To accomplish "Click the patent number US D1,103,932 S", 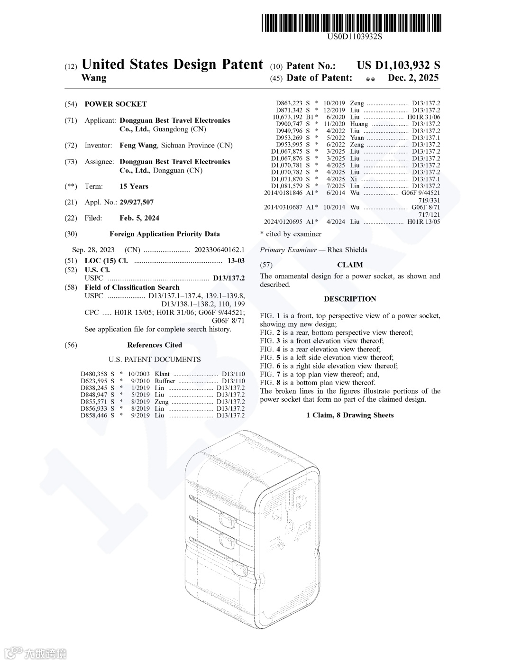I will (398, 66).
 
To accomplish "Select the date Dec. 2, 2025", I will (413, 78).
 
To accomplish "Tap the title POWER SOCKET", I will (116, 104).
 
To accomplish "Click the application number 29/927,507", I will (137, 203).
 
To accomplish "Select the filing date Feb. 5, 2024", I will (139, 218).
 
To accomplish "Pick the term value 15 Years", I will (134, 186).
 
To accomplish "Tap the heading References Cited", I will (155, 345).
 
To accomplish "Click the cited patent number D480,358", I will (94, 374).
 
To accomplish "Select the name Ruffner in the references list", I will (165, 381).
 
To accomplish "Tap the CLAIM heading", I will (350, 265).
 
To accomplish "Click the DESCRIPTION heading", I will (350, 299).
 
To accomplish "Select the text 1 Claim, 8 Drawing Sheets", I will (350, 415).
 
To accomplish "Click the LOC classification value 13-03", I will (236, 261).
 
